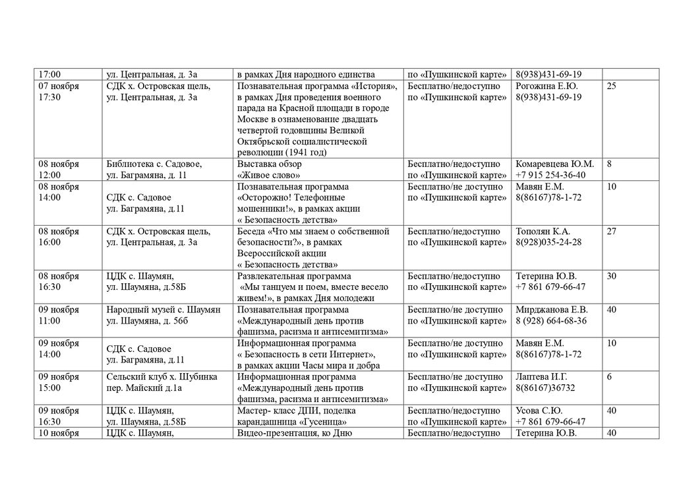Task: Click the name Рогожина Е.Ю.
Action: [x=546, y=86]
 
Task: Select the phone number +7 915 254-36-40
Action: [x=550, y=175]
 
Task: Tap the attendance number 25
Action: [x=611, y=86]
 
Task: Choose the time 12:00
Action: [x=50, y=175]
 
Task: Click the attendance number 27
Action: [x=611, y=231]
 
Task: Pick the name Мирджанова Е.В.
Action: [x=552, y=310]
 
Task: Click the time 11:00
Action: [x=50, y=321]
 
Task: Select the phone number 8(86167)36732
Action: [x=546, y=388]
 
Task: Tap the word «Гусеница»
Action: [x=324, y=422]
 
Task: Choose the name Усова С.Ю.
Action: [x=538, y=411]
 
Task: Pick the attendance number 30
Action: [x=611, y=276]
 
